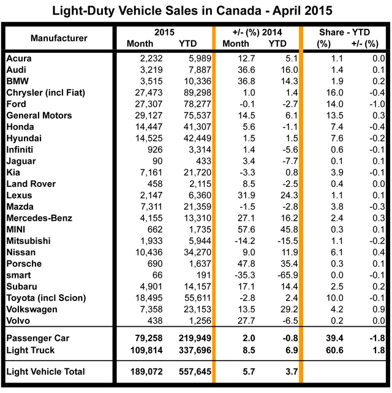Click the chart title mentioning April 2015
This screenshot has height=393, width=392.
196,11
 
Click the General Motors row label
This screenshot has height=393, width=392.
39,115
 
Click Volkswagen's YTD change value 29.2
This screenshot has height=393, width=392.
276,310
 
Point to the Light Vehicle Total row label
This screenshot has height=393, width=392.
45,372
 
